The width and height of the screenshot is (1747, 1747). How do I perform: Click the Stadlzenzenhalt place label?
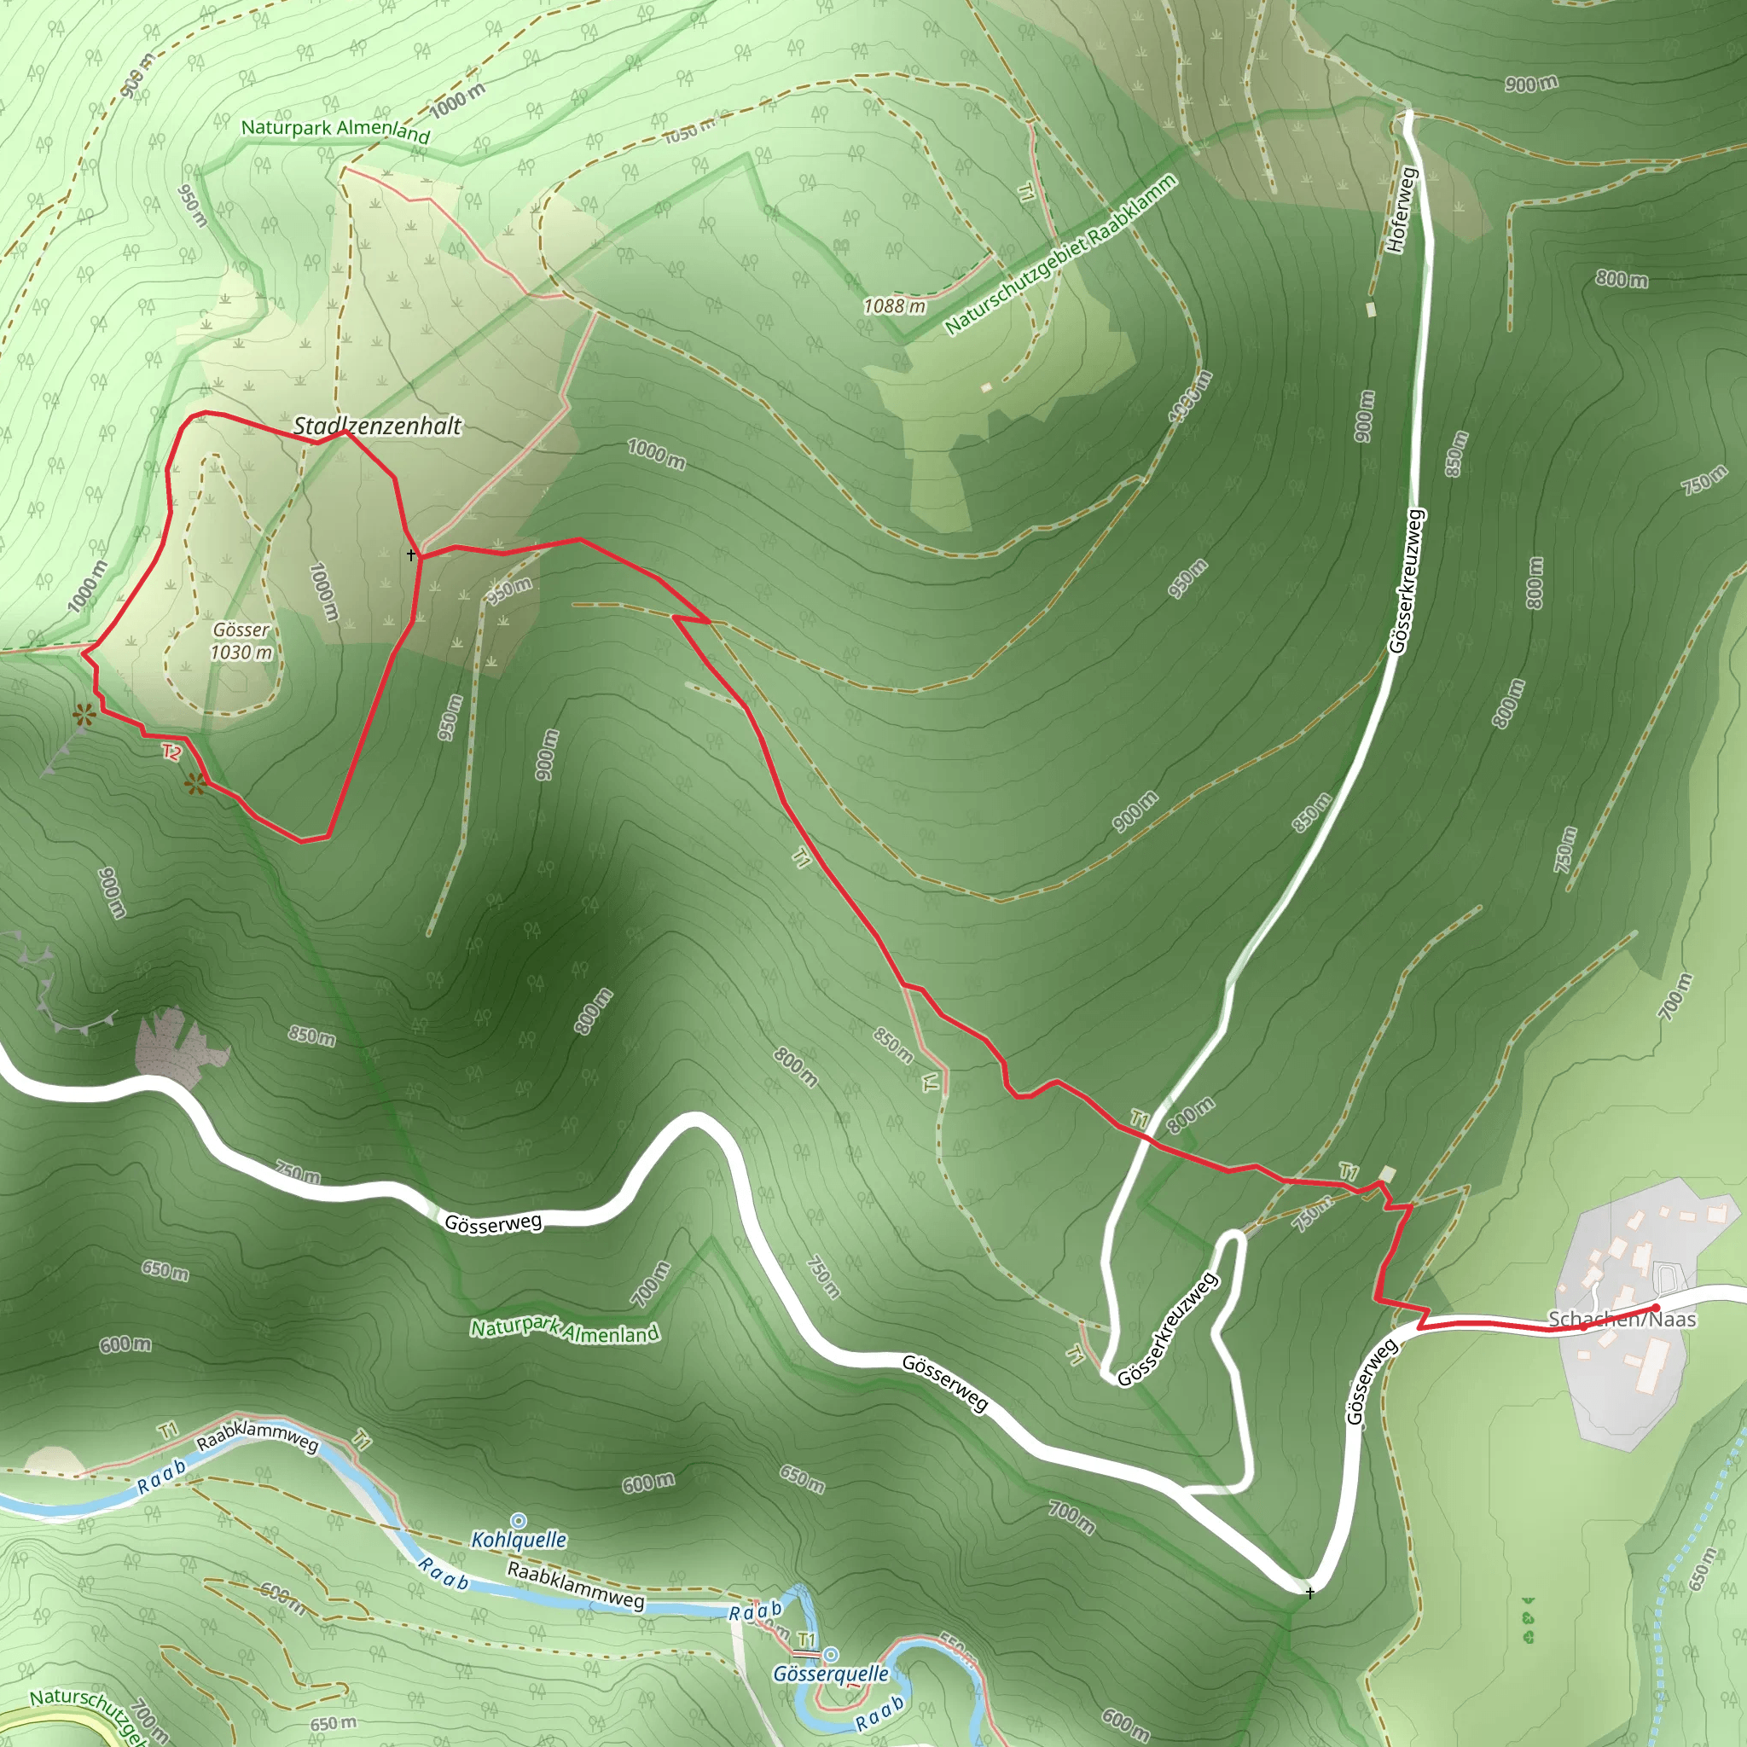tap(377, 426)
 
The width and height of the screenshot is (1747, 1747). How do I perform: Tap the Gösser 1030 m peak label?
tap(241, 641)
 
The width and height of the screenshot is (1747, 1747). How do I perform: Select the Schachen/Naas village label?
tap(1622, 1320)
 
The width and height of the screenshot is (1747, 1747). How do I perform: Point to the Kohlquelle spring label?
tap(519, 1539)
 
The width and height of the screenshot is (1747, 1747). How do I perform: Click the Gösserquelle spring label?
tap(830, 1674)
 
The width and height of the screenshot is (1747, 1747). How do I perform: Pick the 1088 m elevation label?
tap(894, 306)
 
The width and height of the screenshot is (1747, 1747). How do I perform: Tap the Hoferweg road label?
tap(1400, 210)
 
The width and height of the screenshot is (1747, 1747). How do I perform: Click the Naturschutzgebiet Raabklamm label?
tap(1059, 254)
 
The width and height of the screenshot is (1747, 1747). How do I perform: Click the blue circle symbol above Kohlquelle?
tap(518, 1521)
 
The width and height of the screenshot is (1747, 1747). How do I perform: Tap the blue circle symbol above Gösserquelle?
tap(830, 1655)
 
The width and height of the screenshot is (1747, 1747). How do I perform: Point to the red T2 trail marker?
tap(171, 752)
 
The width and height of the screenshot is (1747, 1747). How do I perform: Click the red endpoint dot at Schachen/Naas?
tap(1655, 1308)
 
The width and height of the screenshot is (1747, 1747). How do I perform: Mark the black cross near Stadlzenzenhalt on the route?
tap(411, 554)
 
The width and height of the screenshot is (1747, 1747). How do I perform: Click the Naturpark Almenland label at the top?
tap(334, 131)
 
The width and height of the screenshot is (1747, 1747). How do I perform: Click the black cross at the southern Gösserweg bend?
tap(1309, 1593)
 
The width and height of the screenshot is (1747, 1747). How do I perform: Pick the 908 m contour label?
tap(136, 82)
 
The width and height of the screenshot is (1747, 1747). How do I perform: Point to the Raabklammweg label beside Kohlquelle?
tap(576, 1582)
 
